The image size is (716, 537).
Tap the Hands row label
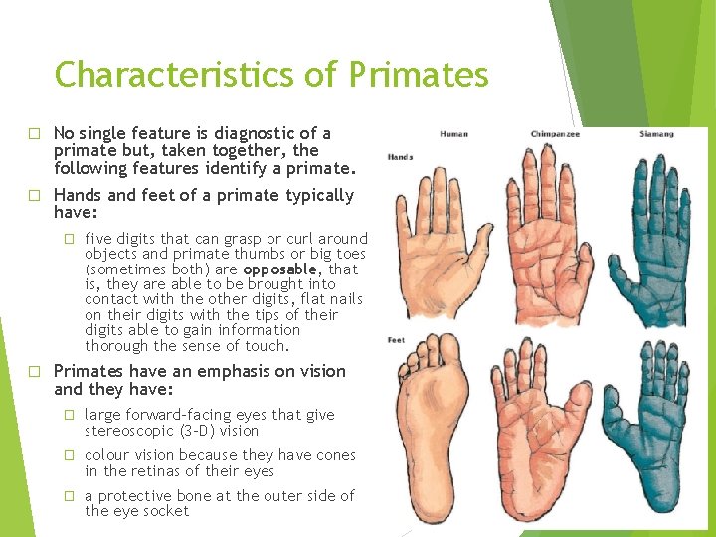click(x=400, y=157)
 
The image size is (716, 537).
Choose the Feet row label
click(x=397, y=341)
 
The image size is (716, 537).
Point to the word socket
click(x=165, y=512)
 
